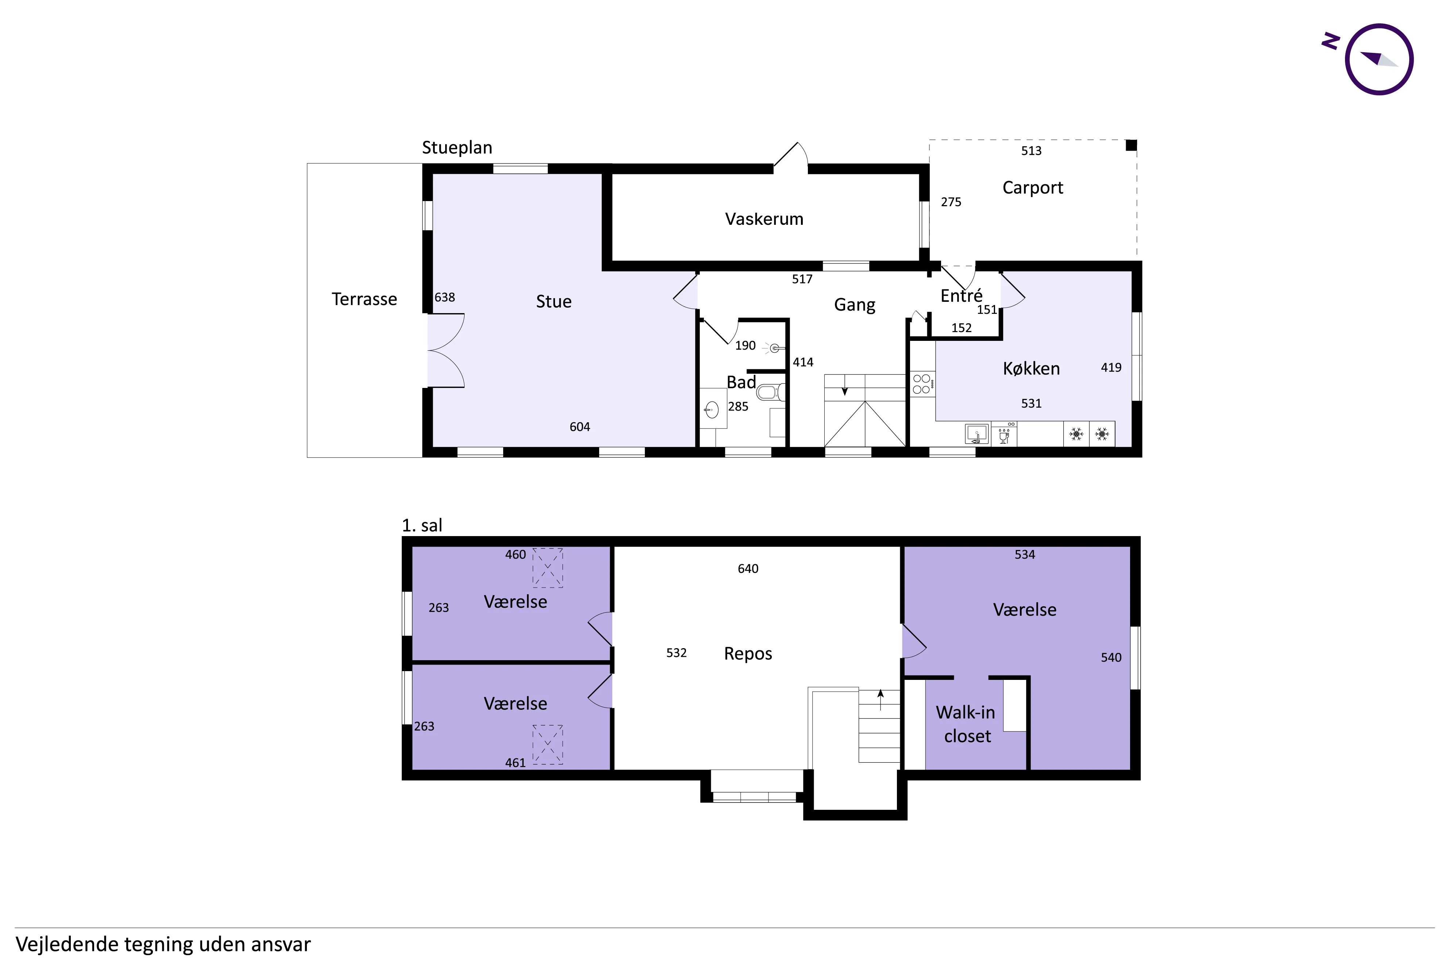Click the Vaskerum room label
click(764, 219)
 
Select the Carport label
click(1033, 188)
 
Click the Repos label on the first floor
click(748, 654)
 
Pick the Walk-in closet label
click(966, 724)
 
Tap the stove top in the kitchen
click(922, 383)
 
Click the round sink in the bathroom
click(712, 408)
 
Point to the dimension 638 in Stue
click(444, 297)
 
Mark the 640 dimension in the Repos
click(748, 569)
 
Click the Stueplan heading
click(457, 148)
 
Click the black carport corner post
click(1131, 145)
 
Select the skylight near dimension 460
click(547, 567)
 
